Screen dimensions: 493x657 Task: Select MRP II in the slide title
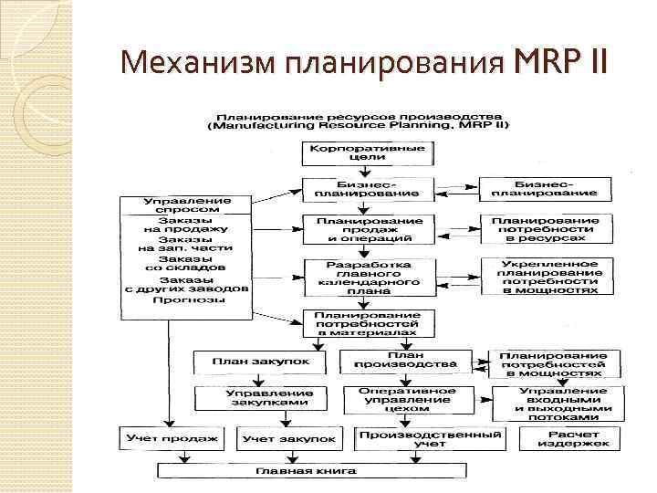click(558, 64)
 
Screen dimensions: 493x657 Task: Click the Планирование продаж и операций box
click(356, 229)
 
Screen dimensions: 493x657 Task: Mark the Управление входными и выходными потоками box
click(558, 399)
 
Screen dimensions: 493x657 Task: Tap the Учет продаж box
click(173, 439)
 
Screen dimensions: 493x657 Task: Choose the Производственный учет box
click(429, 438)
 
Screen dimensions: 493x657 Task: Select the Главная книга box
click(312, 471)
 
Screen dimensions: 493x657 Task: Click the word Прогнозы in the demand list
click(186, 299)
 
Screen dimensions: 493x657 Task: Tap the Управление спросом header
click(186, 205)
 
